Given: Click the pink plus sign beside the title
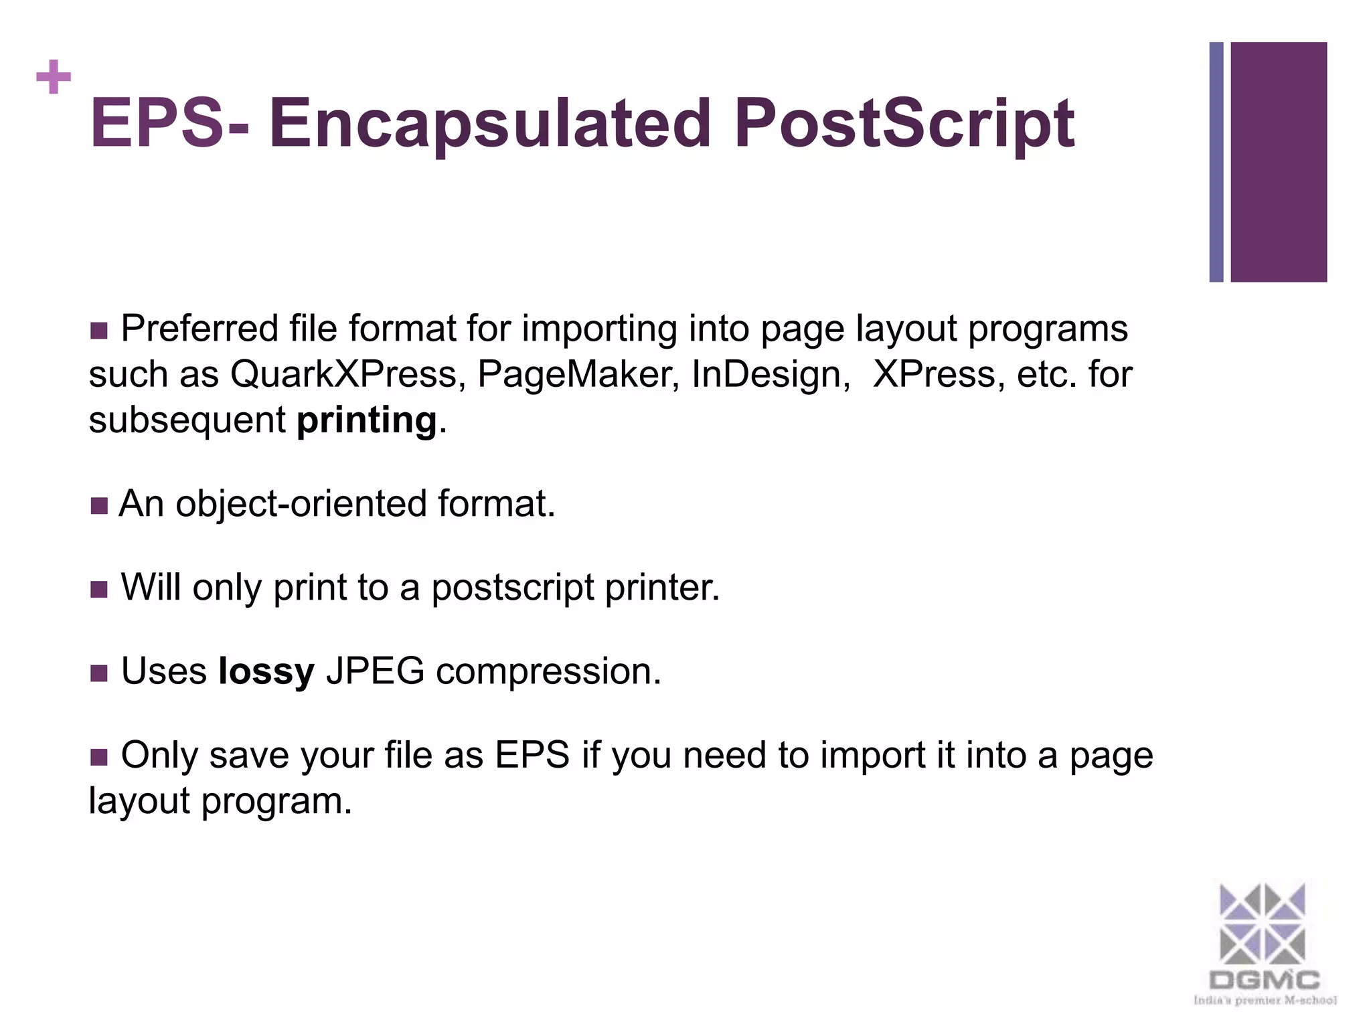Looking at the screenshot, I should pyautogui.click(x=54, y=78).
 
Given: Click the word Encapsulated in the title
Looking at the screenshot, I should pyautogui.click(x=489, y=123).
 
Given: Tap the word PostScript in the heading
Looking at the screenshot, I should pyautogui.click(x=904, y=124).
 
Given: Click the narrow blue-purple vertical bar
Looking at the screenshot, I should pyautogui.click(x=1216, y=162).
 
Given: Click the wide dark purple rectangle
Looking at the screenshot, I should pyautogui.click(x=1279, y=162).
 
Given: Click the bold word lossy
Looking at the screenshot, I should pyautogui.click(x=266, y=671).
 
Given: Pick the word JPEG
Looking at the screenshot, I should pyautogui.click(x=375, y=671).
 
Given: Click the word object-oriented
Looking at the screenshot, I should pyautogui.click(x=301, y=503).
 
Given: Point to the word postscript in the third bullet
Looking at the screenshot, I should pyautogui.click(x=512, y=588).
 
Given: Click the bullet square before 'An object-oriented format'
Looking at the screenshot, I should pyautogui.click(x=98, y=505).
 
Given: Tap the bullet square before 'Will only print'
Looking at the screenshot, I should pyautogui.click(x=98, y=589).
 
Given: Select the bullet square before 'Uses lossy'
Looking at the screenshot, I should pyautogui.click(x=98, y=673).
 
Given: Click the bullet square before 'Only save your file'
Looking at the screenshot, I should pyautogui.click(x=98, y=757).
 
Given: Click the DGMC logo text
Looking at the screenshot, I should pyautogui.click(x=1264, y=981).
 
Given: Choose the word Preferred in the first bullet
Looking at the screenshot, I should pyautogui.click(x=199, y=329).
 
